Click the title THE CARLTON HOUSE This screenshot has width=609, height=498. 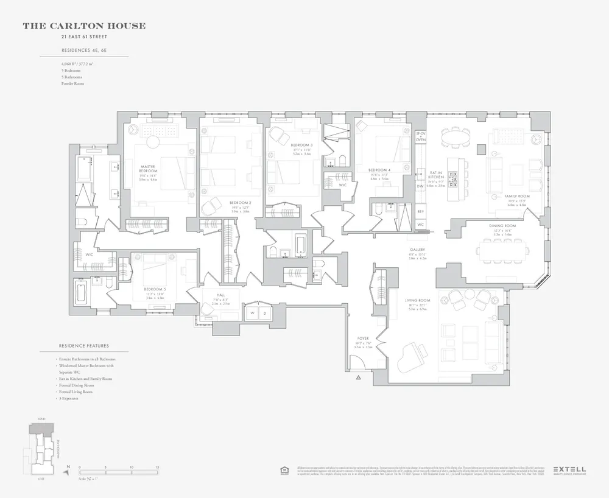coord(84,26)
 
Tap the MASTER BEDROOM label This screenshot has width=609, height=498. coord(148,169)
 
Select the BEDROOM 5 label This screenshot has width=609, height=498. coord(154,289)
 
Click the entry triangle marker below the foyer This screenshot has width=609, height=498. coord(358,378)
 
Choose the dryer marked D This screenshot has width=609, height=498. coord(265,314)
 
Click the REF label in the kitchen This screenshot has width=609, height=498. coord(420,211)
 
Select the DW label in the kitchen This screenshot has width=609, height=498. coord(420,186)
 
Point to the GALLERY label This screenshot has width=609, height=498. coord(417,250)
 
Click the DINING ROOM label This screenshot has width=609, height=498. coord(503,226)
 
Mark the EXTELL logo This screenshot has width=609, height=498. coord(569,469)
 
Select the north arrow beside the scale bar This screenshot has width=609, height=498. coord(68,469)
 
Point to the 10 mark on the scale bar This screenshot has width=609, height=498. coord(132,468)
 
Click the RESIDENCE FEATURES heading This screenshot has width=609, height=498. coord(83,346)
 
